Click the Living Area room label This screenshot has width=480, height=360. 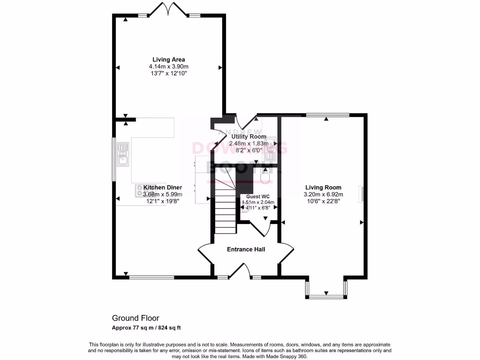[x=168, y=60]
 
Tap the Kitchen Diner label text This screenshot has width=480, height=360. [x=163, y=187]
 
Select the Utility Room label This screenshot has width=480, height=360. [x=248, y=136]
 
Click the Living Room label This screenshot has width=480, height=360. [x=323, y=187]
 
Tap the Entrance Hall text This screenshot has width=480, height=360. [x=246, y=249]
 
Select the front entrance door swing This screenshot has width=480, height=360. [x=240, y=272]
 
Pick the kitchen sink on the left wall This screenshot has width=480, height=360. [x=123, y=155]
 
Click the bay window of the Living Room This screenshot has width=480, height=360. [x=326, y=291]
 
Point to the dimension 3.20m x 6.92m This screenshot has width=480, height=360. [x=323, y=195]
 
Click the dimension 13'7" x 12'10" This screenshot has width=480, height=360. [x=168, y=74]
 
